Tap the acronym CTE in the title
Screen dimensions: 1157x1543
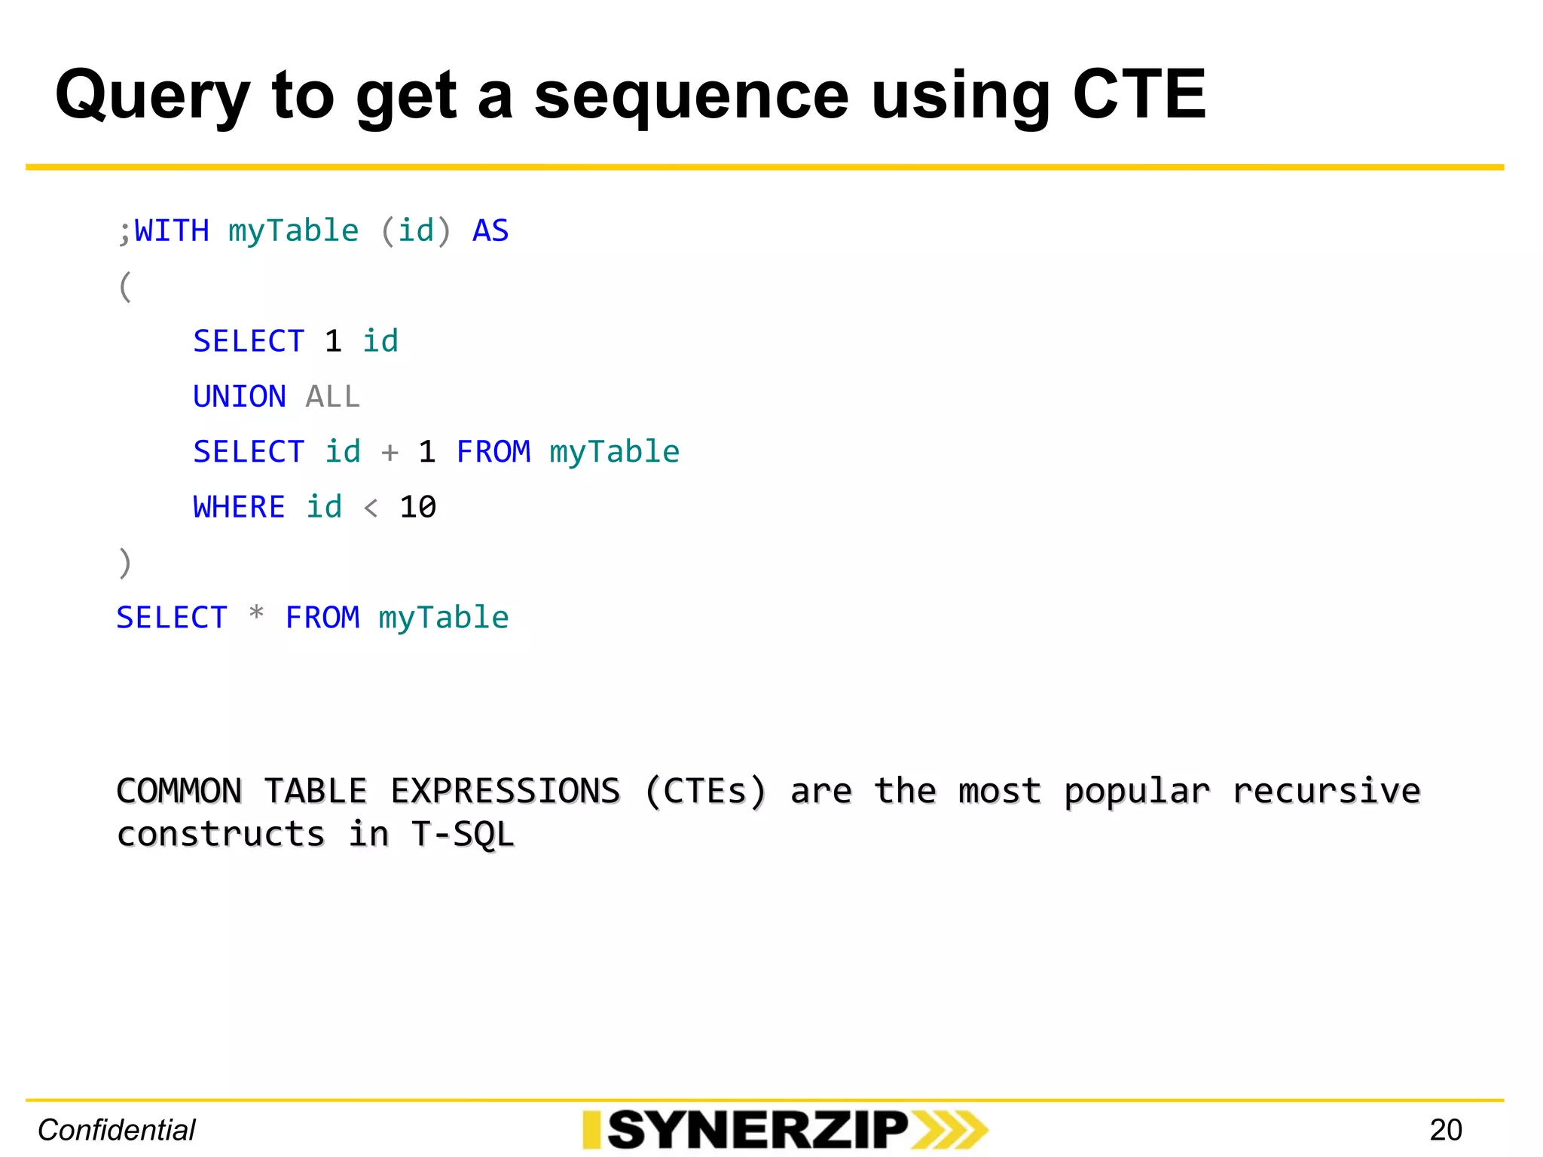point(1138,95)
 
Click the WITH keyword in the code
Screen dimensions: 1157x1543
point(172,230)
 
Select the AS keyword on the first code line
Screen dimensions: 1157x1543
point(490,230)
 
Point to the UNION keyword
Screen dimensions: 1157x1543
point(240,397)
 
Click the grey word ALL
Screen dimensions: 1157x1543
point(333,397)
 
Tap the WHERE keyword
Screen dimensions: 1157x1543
point(240,507)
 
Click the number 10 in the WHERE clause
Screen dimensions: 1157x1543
point(418,507)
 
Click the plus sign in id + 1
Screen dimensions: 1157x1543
point(390,453)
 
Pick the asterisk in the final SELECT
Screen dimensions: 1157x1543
point(256,615)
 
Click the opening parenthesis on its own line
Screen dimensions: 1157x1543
point(125,287)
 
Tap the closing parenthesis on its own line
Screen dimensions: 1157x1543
point(125,563)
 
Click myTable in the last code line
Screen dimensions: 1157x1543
point(444,618)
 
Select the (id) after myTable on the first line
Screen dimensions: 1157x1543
point(416,230)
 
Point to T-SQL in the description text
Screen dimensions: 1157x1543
point(463,835)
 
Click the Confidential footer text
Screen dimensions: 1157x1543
point(117,1130)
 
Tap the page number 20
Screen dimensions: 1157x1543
point(1445,1130)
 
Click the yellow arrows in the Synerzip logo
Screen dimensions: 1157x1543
point(949,1130)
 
